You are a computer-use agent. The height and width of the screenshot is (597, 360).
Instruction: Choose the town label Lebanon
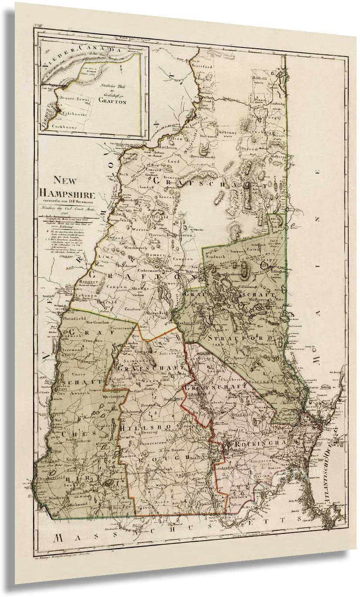(85, 296)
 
